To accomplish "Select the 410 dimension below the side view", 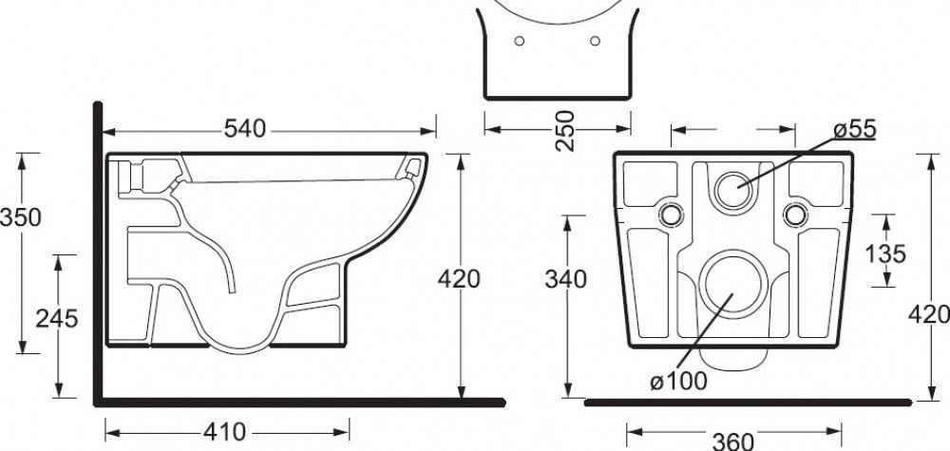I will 224,432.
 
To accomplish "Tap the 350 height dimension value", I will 20,217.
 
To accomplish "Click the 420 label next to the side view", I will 459,279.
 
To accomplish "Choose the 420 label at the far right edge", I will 929,314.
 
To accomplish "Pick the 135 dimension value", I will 885,254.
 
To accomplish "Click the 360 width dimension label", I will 732,440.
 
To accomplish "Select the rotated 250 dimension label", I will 564,131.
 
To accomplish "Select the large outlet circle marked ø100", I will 731,282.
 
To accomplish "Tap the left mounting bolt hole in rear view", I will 671,215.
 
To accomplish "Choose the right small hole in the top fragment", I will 595,41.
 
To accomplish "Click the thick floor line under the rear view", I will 760,402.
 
